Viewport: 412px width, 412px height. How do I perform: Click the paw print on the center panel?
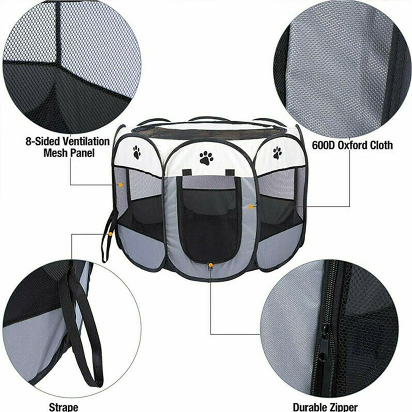[206, 158]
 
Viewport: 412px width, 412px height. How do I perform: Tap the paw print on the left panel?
[137, 152]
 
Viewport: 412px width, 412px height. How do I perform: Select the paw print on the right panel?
[277, 153]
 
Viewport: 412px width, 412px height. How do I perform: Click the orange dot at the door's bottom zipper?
[211, 265]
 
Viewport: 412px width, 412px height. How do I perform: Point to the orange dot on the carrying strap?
[110, 234]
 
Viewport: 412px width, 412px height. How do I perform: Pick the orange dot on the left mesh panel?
[121, 185]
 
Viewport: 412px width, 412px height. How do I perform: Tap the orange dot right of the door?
[250, 207]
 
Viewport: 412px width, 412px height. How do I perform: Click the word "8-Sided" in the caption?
[42, 142]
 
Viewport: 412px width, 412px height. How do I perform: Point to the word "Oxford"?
[353, 145]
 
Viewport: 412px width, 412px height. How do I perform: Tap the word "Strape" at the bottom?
[63, 407]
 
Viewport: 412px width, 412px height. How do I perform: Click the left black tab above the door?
[187, 173]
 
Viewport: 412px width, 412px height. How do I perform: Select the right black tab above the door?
[230, 173]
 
